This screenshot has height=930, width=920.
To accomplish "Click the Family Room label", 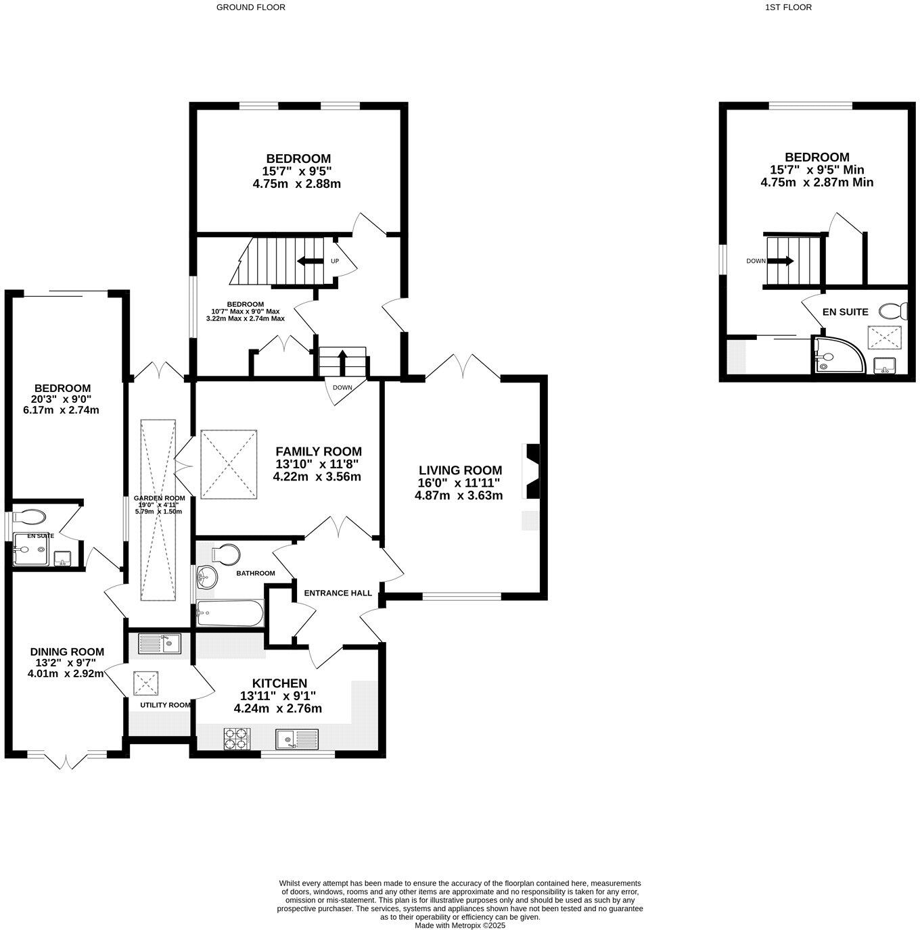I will [x=318, y=451].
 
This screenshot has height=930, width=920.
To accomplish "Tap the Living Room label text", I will [x=460, y=470].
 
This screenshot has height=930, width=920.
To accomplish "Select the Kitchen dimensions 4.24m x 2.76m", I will [x=277, y=709].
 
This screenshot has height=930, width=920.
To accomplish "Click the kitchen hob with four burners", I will [x=236, y=738].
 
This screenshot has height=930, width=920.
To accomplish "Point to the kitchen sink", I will [x=296, y=739].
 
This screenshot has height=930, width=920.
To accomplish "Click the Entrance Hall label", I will [x=338, y=593].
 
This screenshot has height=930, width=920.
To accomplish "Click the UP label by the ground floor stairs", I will [x=334, y=261].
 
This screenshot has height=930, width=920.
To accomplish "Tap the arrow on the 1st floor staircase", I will [x=786, y=261].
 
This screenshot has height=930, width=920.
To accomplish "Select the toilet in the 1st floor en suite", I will [x=894, y=311].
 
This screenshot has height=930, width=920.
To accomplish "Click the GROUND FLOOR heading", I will [x=250, y=7].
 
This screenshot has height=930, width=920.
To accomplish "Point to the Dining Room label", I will [x=67, y=652].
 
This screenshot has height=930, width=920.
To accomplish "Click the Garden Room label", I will [x=159, y=498].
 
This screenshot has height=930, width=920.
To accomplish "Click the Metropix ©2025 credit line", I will [x=459, y=925].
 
